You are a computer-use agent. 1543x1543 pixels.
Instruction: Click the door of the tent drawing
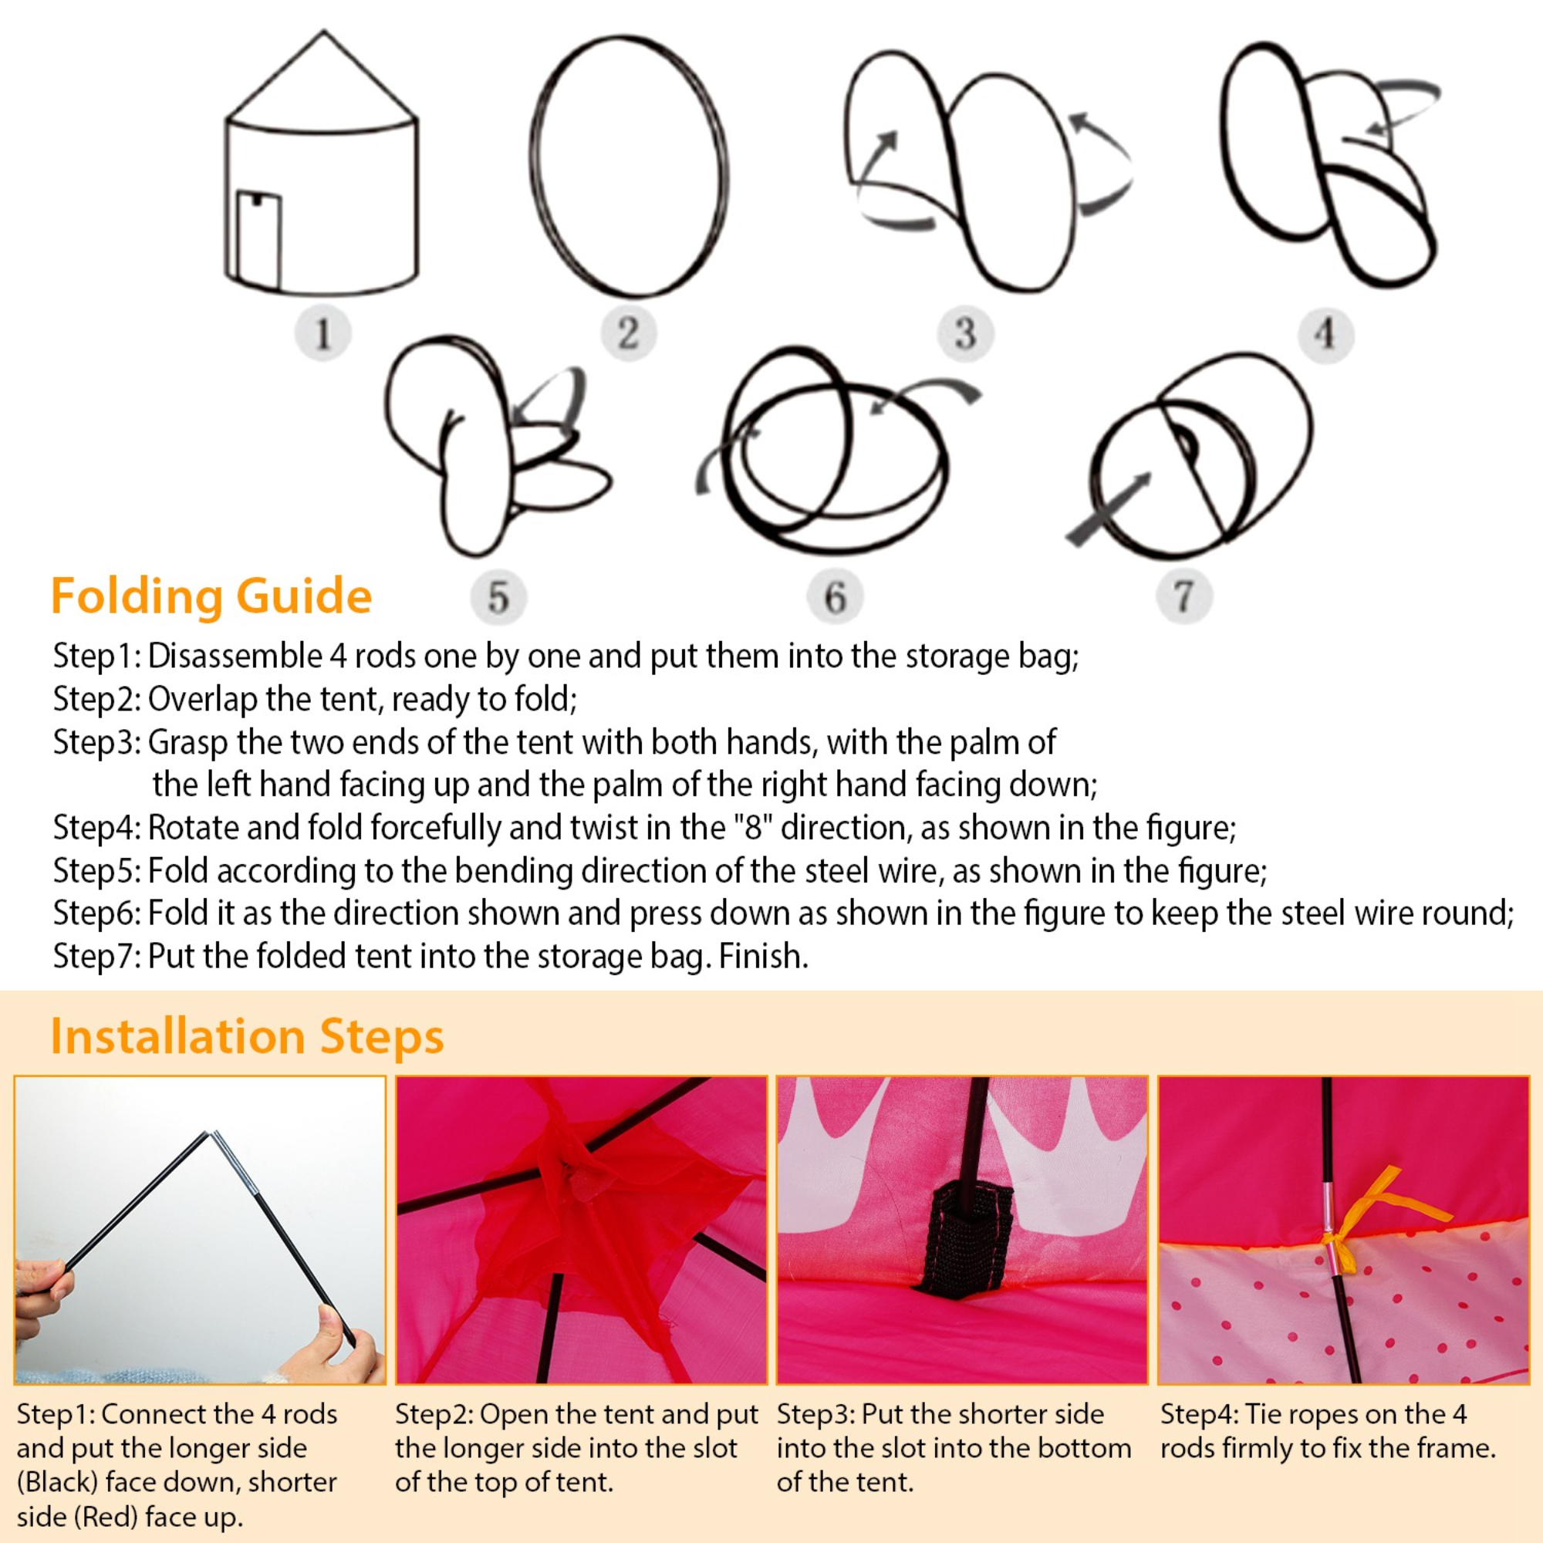258,241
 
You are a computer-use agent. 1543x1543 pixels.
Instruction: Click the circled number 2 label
629,333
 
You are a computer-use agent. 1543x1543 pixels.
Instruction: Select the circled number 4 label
1325,333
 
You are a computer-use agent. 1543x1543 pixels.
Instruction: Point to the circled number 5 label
498,597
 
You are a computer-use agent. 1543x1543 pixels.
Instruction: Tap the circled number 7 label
1184,596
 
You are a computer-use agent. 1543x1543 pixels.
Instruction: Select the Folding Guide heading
211,596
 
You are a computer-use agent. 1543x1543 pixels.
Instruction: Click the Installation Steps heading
247,1037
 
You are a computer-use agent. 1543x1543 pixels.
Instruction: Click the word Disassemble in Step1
235,657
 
